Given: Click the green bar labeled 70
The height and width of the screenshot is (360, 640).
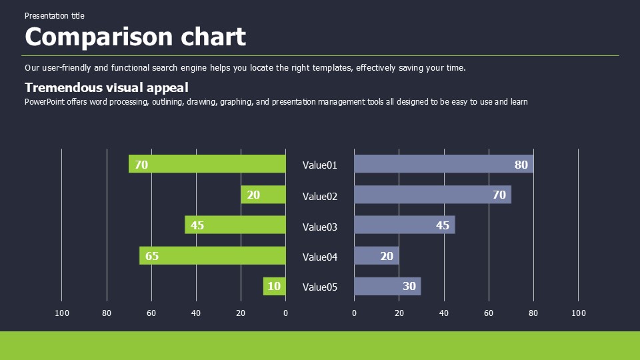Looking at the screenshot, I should (x=207, y=164).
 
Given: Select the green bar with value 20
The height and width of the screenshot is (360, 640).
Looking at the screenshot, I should (x=263, y=195).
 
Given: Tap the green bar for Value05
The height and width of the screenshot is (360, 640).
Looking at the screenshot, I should (x=275, y=287).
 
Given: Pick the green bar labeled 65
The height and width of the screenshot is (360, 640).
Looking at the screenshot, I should (x=213, y=256).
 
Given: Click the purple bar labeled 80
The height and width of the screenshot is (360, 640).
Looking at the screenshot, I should (x=443, y=164).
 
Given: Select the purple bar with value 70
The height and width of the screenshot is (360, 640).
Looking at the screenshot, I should (x=432, y=195).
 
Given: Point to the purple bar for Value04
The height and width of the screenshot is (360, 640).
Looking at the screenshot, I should (x=377, y=256).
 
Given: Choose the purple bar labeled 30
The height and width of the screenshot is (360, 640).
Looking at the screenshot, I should (x=387, y=287).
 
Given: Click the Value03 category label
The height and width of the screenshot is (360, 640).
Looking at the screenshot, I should (x=320, y=227).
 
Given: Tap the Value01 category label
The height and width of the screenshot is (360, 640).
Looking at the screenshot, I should (x=320, y=165).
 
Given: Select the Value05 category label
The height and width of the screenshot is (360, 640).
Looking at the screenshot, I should (x=320, y=287).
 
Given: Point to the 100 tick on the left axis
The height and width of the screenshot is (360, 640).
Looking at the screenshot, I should (x=62, y=313).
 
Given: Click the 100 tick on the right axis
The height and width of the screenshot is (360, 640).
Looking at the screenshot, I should (x=579, y=313).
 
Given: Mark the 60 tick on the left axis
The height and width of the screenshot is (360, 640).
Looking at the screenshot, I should (x=151, y=313).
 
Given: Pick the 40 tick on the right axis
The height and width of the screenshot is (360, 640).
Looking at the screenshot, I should (x=444, y=313).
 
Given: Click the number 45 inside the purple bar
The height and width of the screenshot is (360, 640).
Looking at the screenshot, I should (x=443, y=225).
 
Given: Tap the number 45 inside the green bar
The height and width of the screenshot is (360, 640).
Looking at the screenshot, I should (x=197, y=225).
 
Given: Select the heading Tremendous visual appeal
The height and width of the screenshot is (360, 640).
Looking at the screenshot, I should (x=107, y=87).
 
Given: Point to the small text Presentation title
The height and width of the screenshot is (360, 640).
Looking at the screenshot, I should (x=55, y=15).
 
